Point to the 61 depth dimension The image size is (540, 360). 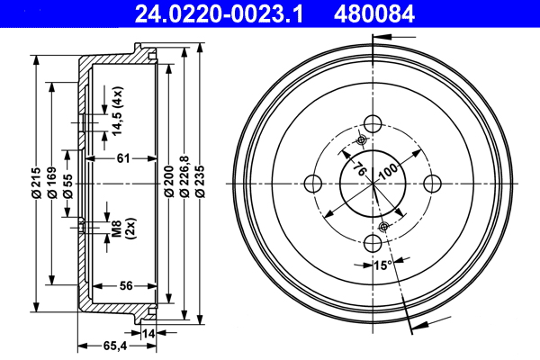point(123,159)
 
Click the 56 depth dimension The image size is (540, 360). point(126,286)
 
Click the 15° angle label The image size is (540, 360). point(382,265)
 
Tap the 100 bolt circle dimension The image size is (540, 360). point(388,171)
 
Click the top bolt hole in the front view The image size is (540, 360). point(373,124)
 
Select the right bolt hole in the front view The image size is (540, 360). point(433,183)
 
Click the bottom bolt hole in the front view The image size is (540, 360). point(373,242)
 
